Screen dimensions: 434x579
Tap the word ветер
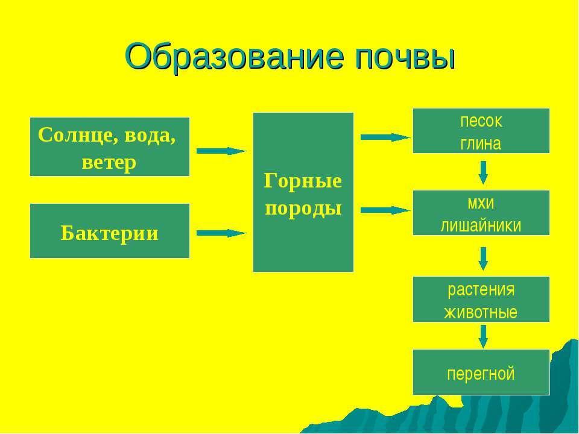pos(109,162)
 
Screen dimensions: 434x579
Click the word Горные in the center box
pos(303,181)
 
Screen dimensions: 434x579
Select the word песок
pos(481,121)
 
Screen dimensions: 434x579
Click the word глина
pos(481,143)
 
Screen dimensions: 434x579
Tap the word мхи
pos(481,202)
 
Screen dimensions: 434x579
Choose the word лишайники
pos(481,225)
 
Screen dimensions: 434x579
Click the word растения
pos(481,289)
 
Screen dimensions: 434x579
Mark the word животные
pos(481,312)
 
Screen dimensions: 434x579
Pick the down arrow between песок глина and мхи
pos(483,172)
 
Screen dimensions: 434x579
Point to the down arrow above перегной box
pos(483,336)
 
